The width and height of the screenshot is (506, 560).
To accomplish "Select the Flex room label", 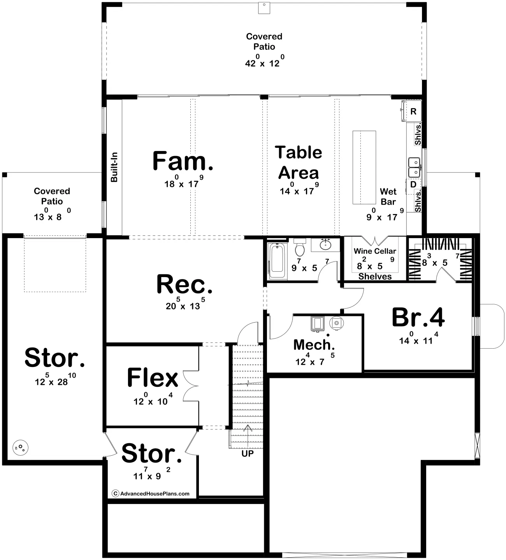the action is (153, 377).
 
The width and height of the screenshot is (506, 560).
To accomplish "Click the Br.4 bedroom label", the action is (418, 318).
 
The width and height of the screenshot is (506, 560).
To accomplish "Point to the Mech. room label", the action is (314, 345).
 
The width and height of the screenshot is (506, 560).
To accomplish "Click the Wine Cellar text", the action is (375, 251).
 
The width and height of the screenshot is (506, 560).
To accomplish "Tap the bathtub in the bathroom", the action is (277, 261).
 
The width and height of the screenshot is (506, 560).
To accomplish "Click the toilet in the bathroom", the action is (300, 248).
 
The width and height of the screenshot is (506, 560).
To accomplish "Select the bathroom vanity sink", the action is (325, 245).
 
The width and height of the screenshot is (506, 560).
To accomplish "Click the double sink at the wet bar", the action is (414, 167).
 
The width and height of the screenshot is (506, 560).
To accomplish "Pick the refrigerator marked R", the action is (412, 111).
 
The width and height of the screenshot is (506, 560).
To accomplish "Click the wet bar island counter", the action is (364, 167).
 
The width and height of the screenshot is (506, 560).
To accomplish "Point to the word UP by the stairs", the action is (248, 454).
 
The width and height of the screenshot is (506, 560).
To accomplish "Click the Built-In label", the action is (114, 167).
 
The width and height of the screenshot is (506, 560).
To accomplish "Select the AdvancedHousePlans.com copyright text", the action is (151, 493).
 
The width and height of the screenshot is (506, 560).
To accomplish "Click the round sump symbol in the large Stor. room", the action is (20, 448).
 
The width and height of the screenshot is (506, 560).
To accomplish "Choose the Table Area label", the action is (299, 162).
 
